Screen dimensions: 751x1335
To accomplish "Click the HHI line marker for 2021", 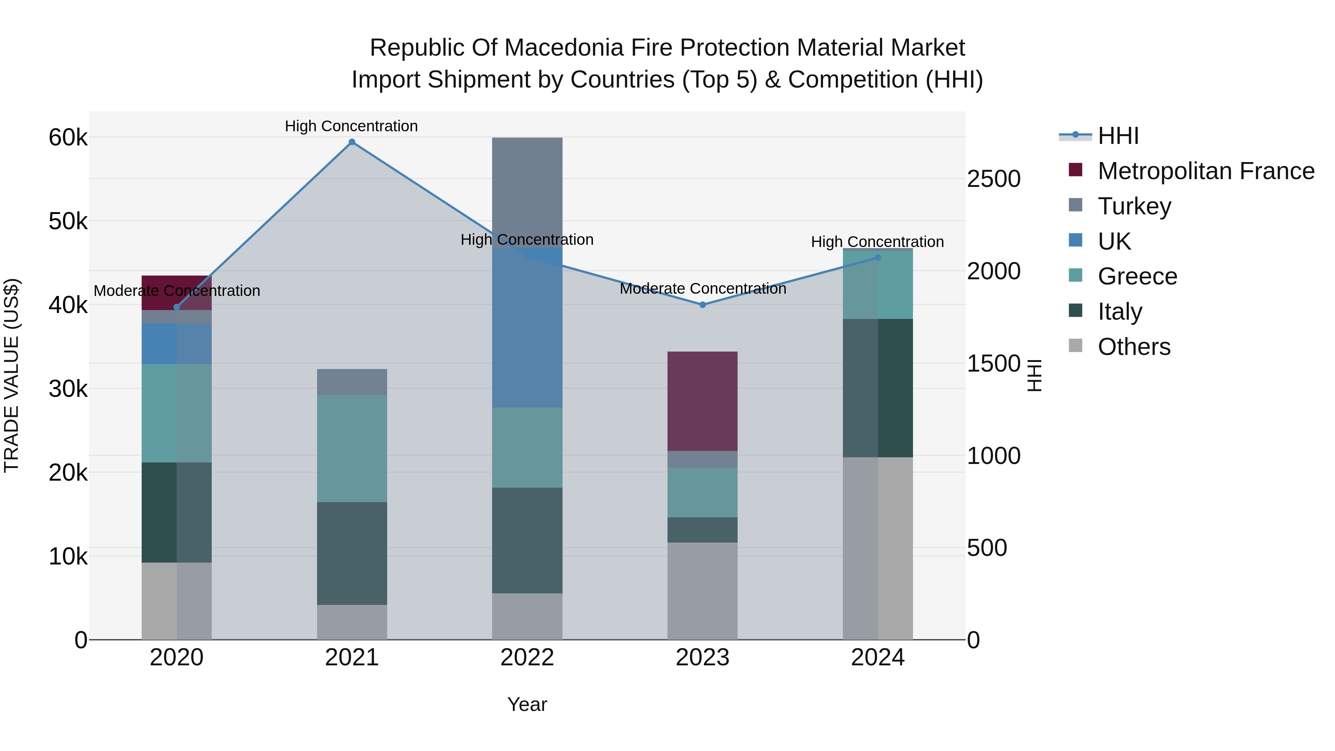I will point(352,142).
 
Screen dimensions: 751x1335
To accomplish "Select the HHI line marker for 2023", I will point(703,305).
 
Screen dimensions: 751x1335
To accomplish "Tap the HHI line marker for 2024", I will point(878,258).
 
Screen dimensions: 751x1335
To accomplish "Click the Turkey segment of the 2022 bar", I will point(527,192).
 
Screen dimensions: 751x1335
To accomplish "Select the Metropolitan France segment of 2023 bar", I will point(702,401).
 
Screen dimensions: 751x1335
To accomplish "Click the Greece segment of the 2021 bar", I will point(352,448).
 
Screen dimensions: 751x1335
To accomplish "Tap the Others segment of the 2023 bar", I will point(702,591).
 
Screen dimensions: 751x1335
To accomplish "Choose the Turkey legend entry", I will point(1134,206).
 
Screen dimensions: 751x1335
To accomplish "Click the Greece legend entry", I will point(1137,276).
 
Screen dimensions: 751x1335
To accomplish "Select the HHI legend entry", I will point(1118,136).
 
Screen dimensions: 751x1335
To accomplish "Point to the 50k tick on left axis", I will point(68,222).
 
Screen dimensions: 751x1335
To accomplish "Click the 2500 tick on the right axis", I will point(993,179).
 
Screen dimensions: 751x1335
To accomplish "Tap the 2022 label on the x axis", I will point(527,658).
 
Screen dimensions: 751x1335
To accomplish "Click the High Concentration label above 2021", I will point(352,126).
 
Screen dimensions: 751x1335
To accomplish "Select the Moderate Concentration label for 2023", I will point(703,289).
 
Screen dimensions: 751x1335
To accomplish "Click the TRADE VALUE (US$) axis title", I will point(11,375).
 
